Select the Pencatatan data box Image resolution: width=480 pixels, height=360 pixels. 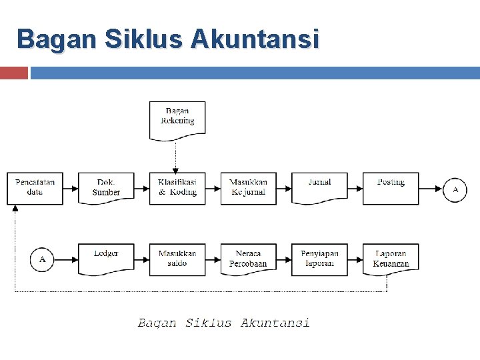(x=35, y=188)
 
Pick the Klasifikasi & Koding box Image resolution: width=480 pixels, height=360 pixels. (x=177, y=188)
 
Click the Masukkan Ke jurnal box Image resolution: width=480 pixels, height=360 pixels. (x=249, y=188)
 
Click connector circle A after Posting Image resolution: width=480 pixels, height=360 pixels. (x=456, y=189)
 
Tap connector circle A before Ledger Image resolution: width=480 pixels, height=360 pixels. (x=42, y=259)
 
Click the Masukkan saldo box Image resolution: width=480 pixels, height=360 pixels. (x=177, y=259)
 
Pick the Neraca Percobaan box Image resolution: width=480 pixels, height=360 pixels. (x=249, y=259)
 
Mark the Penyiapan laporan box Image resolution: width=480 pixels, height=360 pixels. (x=319, y=259)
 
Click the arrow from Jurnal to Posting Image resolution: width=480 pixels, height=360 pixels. (x=355, y=189)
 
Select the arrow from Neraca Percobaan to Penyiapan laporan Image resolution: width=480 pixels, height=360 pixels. (x=284, y=259)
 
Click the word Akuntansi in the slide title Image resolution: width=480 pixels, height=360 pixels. (x=255, y=39)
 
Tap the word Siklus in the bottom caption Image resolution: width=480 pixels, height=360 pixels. (x=209, y=323)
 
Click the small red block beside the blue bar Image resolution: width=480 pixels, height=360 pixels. (x=13, y=73)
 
